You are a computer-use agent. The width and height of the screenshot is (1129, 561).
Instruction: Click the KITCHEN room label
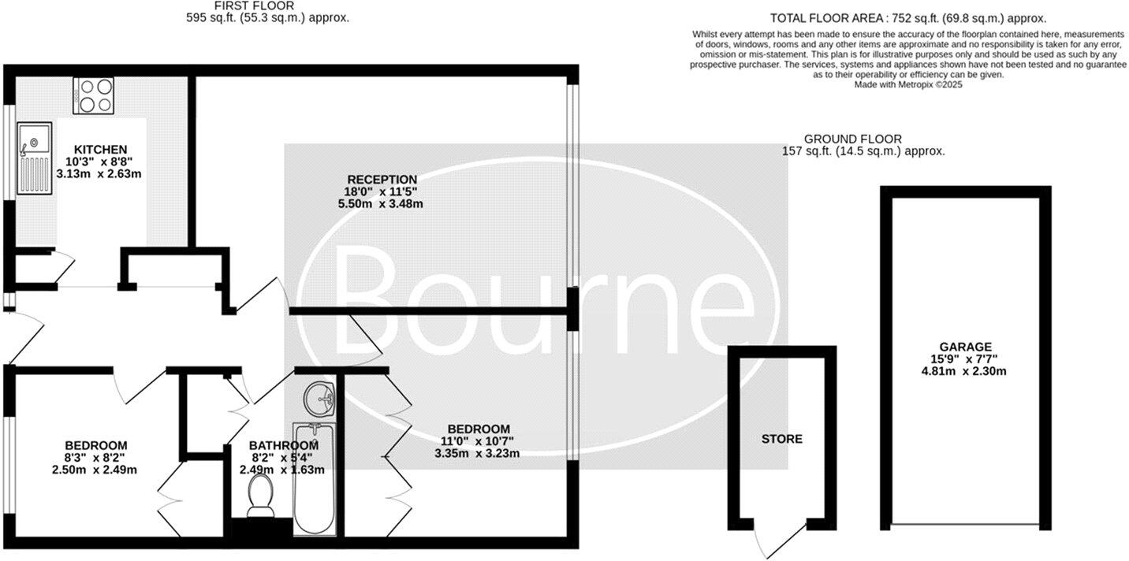pos(100,149)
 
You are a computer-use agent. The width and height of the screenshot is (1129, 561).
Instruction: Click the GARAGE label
pos(965,347)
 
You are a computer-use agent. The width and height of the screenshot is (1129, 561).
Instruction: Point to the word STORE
pos(782,439)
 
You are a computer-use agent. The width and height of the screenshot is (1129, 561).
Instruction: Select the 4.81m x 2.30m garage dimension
pos(965,371)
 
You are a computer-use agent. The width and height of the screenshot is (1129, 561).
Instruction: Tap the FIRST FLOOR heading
pos(243,6)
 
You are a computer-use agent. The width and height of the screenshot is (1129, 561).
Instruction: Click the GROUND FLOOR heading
pos(852,139)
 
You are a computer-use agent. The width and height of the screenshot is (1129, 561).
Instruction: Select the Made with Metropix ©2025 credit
pos(908,84)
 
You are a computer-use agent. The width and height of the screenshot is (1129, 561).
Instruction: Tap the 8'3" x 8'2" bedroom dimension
pos(95,458)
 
